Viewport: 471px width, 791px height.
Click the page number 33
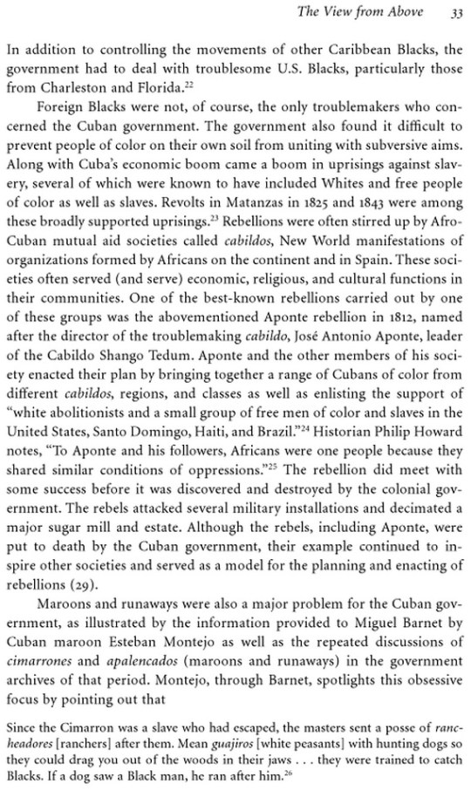pyautogui.click(x=455, y=11)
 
